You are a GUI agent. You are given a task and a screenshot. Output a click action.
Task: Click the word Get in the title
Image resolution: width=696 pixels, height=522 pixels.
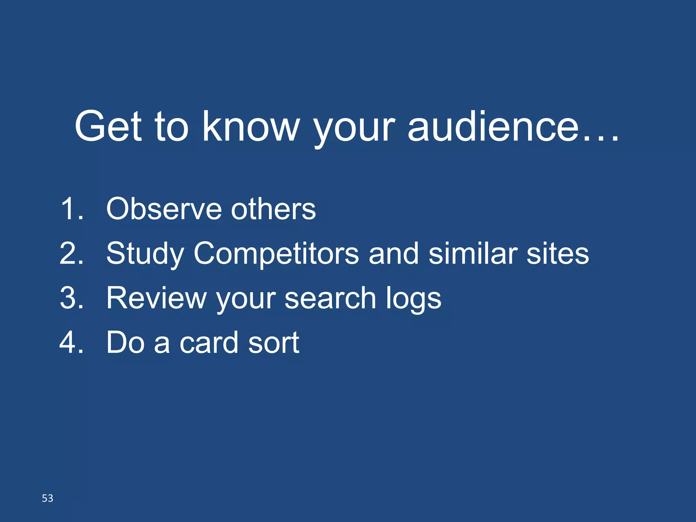108,126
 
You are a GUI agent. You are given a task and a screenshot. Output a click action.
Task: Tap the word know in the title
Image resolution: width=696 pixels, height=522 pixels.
251,126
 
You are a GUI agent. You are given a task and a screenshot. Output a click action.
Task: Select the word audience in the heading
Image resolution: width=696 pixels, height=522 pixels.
493,126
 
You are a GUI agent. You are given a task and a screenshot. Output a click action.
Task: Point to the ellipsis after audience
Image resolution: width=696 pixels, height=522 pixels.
601,138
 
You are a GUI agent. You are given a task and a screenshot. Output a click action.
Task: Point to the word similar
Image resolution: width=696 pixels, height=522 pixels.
473,253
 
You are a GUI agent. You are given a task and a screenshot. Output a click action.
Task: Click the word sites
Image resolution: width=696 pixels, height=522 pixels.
557,253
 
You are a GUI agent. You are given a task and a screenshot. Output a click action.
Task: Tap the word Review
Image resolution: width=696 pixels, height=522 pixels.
156,298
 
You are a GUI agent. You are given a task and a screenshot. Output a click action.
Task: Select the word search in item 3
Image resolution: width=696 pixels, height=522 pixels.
330,298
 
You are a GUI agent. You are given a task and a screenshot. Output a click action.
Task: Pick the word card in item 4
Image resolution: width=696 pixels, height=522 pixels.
209,342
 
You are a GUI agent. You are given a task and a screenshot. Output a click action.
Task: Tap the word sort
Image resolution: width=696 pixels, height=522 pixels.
274,342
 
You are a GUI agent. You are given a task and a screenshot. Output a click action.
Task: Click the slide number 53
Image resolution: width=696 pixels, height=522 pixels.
48,498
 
